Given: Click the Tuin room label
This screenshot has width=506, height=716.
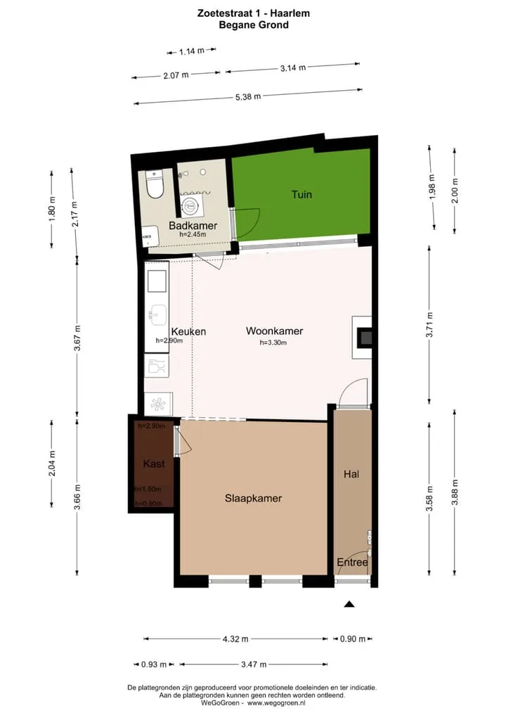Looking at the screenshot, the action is click(x=301, y=195).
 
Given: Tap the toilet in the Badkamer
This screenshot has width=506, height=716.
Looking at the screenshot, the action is click(x=154, y=184).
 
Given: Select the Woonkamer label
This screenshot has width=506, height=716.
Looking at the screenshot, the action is click(x=274, y=331).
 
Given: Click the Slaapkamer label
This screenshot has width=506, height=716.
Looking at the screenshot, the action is click(x=253, y=498).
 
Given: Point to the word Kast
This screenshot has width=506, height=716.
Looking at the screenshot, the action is click(x=154, y=464).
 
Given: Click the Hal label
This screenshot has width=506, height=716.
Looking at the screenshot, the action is click(x=351, y=475).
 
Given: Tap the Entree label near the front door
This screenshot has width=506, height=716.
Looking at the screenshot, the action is click(x=352, y=562).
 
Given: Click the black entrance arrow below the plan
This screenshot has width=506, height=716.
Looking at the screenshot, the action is click(x=349, y=604).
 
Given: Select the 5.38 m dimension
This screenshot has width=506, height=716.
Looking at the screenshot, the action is click(x=248, y=97).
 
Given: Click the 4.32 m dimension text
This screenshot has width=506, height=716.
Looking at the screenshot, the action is click(x=235, y=639).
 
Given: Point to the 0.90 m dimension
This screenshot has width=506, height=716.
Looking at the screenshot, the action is click(x=353, y=639).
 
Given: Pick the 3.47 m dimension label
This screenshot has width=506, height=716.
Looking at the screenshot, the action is click(x=254, y=665).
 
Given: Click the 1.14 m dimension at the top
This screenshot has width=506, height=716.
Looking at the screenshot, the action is click(x=192, y=51).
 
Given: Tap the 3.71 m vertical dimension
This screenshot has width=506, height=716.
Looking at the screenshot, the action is click(x=429, y=325).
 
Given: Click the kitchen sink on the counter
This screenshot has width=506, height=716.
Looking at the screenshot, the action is click(x=157, y=314).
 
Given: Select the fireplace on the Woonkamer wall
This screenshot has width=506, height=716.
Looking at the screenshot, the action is click(x=362, y=338).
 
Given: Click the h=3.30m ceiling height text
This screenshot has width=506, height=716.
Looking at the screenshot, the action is click(x=273, y=343).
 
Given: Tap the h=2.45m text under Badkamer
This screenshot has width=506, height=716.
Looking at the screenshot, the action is click(x=193, y=234).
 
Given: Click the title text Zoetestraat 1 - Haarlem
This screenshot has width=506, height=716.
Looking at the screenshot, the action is click(x=254, y=13).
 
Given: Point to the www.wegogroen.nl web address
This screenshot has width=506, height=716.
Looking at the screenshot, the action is click(x=276, y=703).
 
